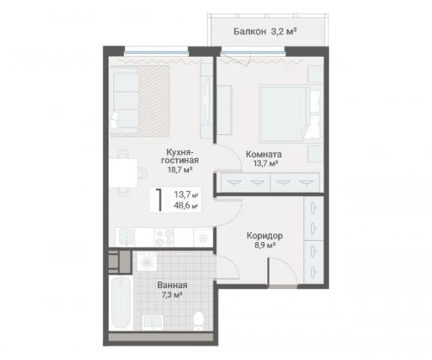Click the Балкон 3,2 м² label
[x=265, y=31]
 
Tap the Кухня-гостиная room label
[x=180, y=160]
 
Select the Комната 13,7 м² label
[x=264, y=159]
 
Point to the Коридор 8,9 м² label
[x=265, y=240]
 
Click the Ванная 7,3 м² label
[x=172, y=289]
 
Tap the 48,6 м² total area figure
[x=186, y=205]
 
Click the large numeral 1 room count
[x=159, y=199]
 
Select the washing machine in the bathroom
[x=147, y=261]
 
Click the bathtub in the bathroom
[x=121, y=302]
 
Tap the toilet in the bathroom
[x=198, y=320]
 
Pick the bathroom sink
[x=153, y=322]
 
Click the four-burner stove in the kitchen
[x=164, y=237]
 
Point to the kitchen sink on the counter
[x=127, y=237]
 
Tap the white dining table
[x=123, y=173]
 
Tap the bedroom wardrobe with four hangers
[x=270, y=182]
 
